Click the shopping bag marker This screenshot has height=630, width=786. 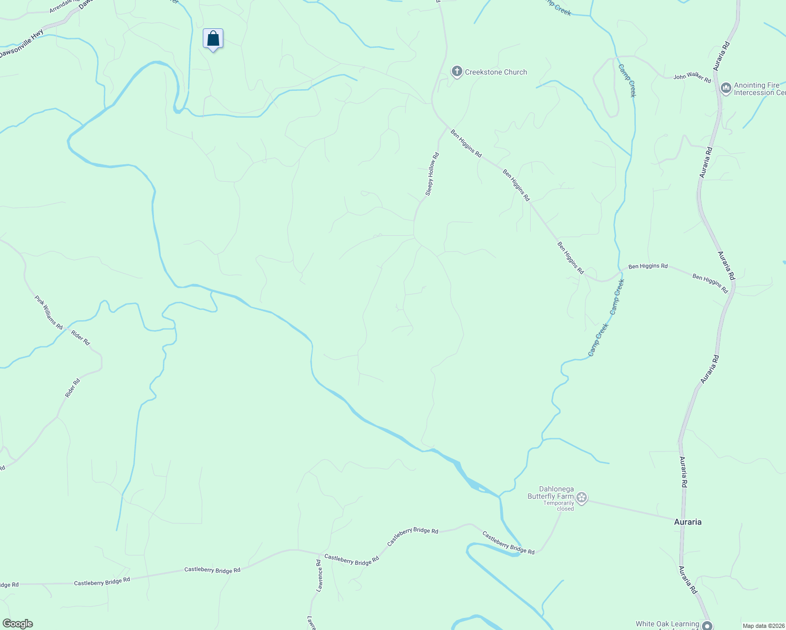[213, 39]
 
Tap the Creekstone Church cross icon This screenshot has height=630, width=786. [457, 71]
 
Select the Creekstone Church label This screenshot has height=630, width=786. [496, 72]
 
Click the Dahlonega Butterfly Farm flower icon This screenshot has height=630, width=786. [581, 497]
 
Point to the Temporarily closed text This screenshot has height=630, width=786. [559, 506]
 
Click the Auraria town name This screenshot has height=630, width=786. [687, 522]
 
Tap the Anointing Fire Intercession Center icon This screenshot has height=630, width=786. [726, 88]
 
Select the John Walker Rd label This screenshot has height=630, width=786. [692, 77]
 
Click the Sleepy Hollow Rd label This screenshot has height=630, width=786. [431, 174]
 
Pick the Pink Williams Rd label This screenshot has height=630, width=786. [48, 313]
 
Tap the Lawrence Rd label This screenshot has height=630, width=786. [319, 576]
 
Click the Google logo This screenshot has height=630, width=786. [17, 624]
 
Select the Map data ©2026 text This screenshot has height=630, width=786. [763, 626]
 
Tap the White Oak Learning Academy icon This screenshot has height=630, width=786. [707, 625]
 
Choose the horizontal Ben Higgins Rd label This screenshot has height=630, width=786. [648, 266]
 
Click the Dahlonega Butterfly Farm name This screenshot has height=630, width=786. [550, 492]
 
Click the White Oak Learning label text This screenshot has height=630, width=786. [667, 624]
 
